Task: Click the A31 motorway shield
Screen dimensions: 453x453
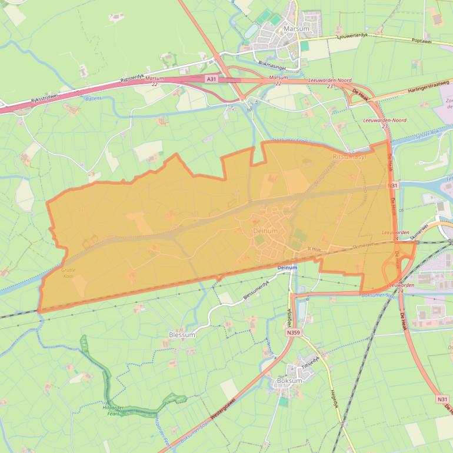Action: pyautogui.click(x=211, y=78)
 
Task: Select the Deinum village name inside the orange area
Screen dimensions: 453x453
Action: pyautogui.click(x=265, y=231)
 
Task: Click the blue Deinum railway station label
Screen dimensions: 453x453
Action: pyautogui.click(x=287, y=268)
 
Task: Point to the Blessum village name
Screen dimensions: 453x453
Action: pyautogui.click(x=181, y=334)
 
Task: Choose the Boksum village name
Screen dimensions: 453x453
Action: pyautogui.click(x=289, y=381)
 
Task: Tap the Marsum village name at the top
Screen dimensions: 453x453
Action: pyautogui.click(x=296, y=28)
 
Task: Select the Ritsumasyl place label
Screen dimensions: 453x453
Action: pyautogui.click(x=349, y=157)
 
